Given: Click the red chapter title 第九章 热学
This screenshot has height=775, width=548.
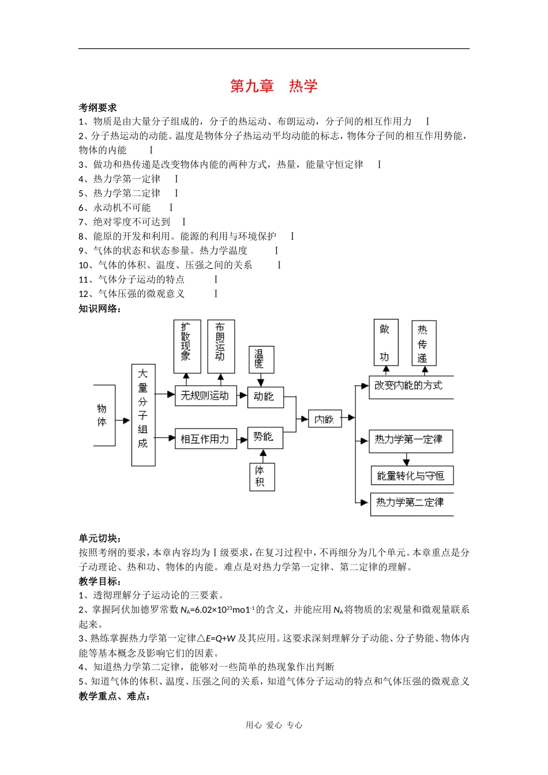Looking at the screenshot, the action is point(273,86).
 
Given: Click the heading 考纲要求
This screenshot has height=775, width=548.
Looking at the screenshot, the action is point(97,107).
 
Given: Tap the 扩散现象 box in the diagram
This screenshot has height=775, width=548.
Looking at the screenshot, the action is point(187,346).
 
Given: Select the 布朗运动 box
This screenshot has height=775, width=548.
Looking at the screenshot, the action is point(221,346).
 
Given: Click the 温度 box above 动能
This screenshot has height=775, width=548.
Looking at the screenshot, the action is point(261,359).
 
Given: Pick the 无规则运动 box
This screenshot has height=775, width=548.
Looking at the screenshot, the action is point(205,396).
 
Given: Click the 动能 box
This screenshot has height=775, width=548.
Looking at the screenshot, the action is point(265,397).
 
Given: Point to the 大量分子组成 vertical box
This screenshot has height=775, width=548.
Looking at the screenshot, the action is point(143,415).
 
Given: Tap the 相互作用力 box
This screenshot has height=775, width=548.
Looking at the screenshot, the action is point(205,439).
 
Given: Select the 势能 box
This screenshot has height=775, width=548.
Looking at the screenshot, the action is point(265,438).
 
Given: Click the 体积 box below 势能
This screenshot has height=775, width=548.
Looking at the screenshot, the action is point(261,476).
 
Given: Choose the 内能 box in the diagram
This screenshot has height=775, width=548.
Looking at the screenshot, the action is point(325,419).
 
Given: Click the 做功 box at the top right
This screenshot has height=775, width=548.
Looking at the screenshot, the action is point(385,343).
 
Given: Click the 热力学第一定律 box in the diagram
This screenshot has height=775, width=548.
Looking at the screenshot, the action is point(410,441).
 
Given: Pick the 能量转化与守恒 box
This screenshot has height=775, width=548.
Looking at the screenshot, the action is point(411,476).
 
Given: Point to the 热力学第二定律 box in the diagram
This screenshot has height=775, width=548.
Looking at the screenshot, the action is point(411,503).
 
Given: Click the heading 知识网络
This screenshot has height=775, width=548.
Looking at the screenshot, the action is point(100,309).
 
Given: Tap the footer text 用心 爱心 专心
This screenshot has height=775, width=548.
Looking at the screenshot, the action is point(273,725).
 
